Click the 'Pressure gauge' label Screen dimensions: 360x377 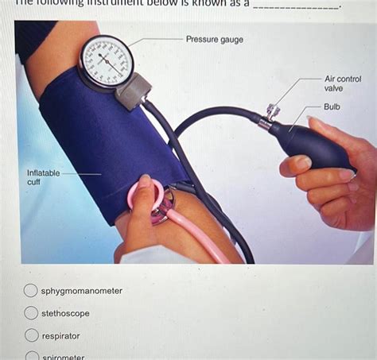(x=215, y=39)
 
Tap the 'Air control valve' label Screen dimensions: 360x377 (x=343, y=83)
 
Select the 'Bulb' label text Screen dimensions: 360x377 (x=332, y=106)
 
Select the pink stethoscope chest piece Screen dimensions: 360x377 (x=148, y=198)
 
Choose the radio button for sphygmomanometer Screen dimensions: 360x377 (x=30, y=291)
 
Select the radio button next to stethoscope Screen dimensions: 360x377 (x=30, y=313)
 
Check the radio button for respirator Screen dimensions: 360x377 (x=30, y=335)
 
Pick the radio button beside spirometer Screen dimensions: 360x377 (x=30, y=355)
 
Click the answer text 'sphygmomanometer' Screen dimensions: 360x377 (x=82, y=291)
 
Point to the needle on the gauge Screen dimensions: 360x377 (x=111, y=64)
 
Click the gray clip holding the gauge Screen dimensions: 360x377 (x=132, y=91)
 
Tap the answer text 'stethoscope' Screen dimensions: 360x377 (x=65, y=313)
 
